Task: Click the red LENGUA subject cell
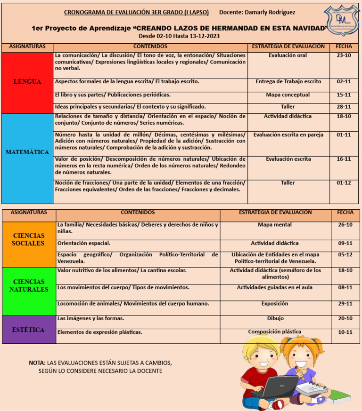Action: tap(27, 82)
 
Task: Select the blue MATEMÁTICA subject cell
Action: tap(27, 152)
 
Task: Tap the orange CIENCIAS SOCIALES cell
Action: tap(29, 239)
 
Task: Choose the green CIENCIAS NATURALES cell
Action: tap(29, 285)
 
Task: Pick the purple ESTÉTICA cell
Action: tap(29, 330)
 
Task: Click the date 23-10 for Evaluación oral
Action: tap(344, 55)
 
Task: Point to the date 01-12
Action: tap(344, 183)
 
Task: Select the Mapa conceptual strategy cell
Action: tap(288, 95)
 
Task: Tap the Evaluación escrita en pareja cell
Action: tap(288, 135)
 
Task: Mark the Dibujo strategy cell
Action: tap(275, 318)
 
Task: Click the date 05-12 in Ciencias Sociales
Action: tap(345, 255)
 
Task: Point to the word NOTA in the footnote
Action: tap(37, 363)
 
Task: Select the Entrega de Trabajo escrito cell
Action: tap(288, 82)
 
